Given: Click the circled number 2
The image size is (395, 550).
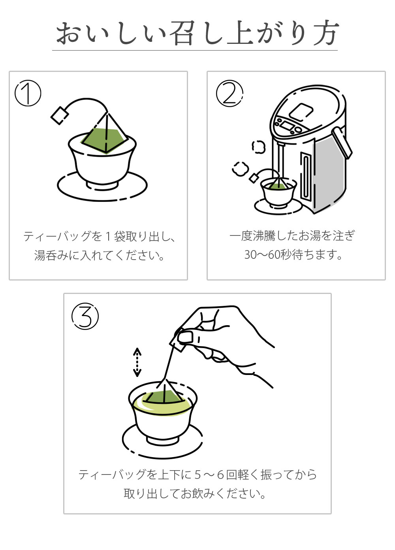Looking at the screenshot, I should pyautogui.click(x=229, y=93).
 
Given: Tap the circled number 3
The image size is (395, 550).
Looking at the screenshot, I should pyautogui.click(x=85, y=316).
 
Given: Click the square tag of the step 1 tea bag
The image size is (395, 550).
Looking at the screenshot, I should pyautogui.click(x=60, y=115).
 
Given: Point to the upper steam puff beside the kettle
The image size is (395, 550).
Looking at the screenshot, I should pyautogui.click(x=259, y=147).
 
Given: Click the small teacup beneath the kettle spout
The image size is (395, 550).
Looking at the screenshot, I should pyautogui.click(x=279, y=194).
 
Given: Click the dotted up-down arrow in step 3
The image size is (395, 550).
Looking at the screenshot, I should pyautogui.click(x=137, y=362).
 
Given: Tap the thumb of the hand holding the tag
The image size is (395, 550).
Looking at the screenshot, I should pyautogui.click(x=185, y=337).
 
